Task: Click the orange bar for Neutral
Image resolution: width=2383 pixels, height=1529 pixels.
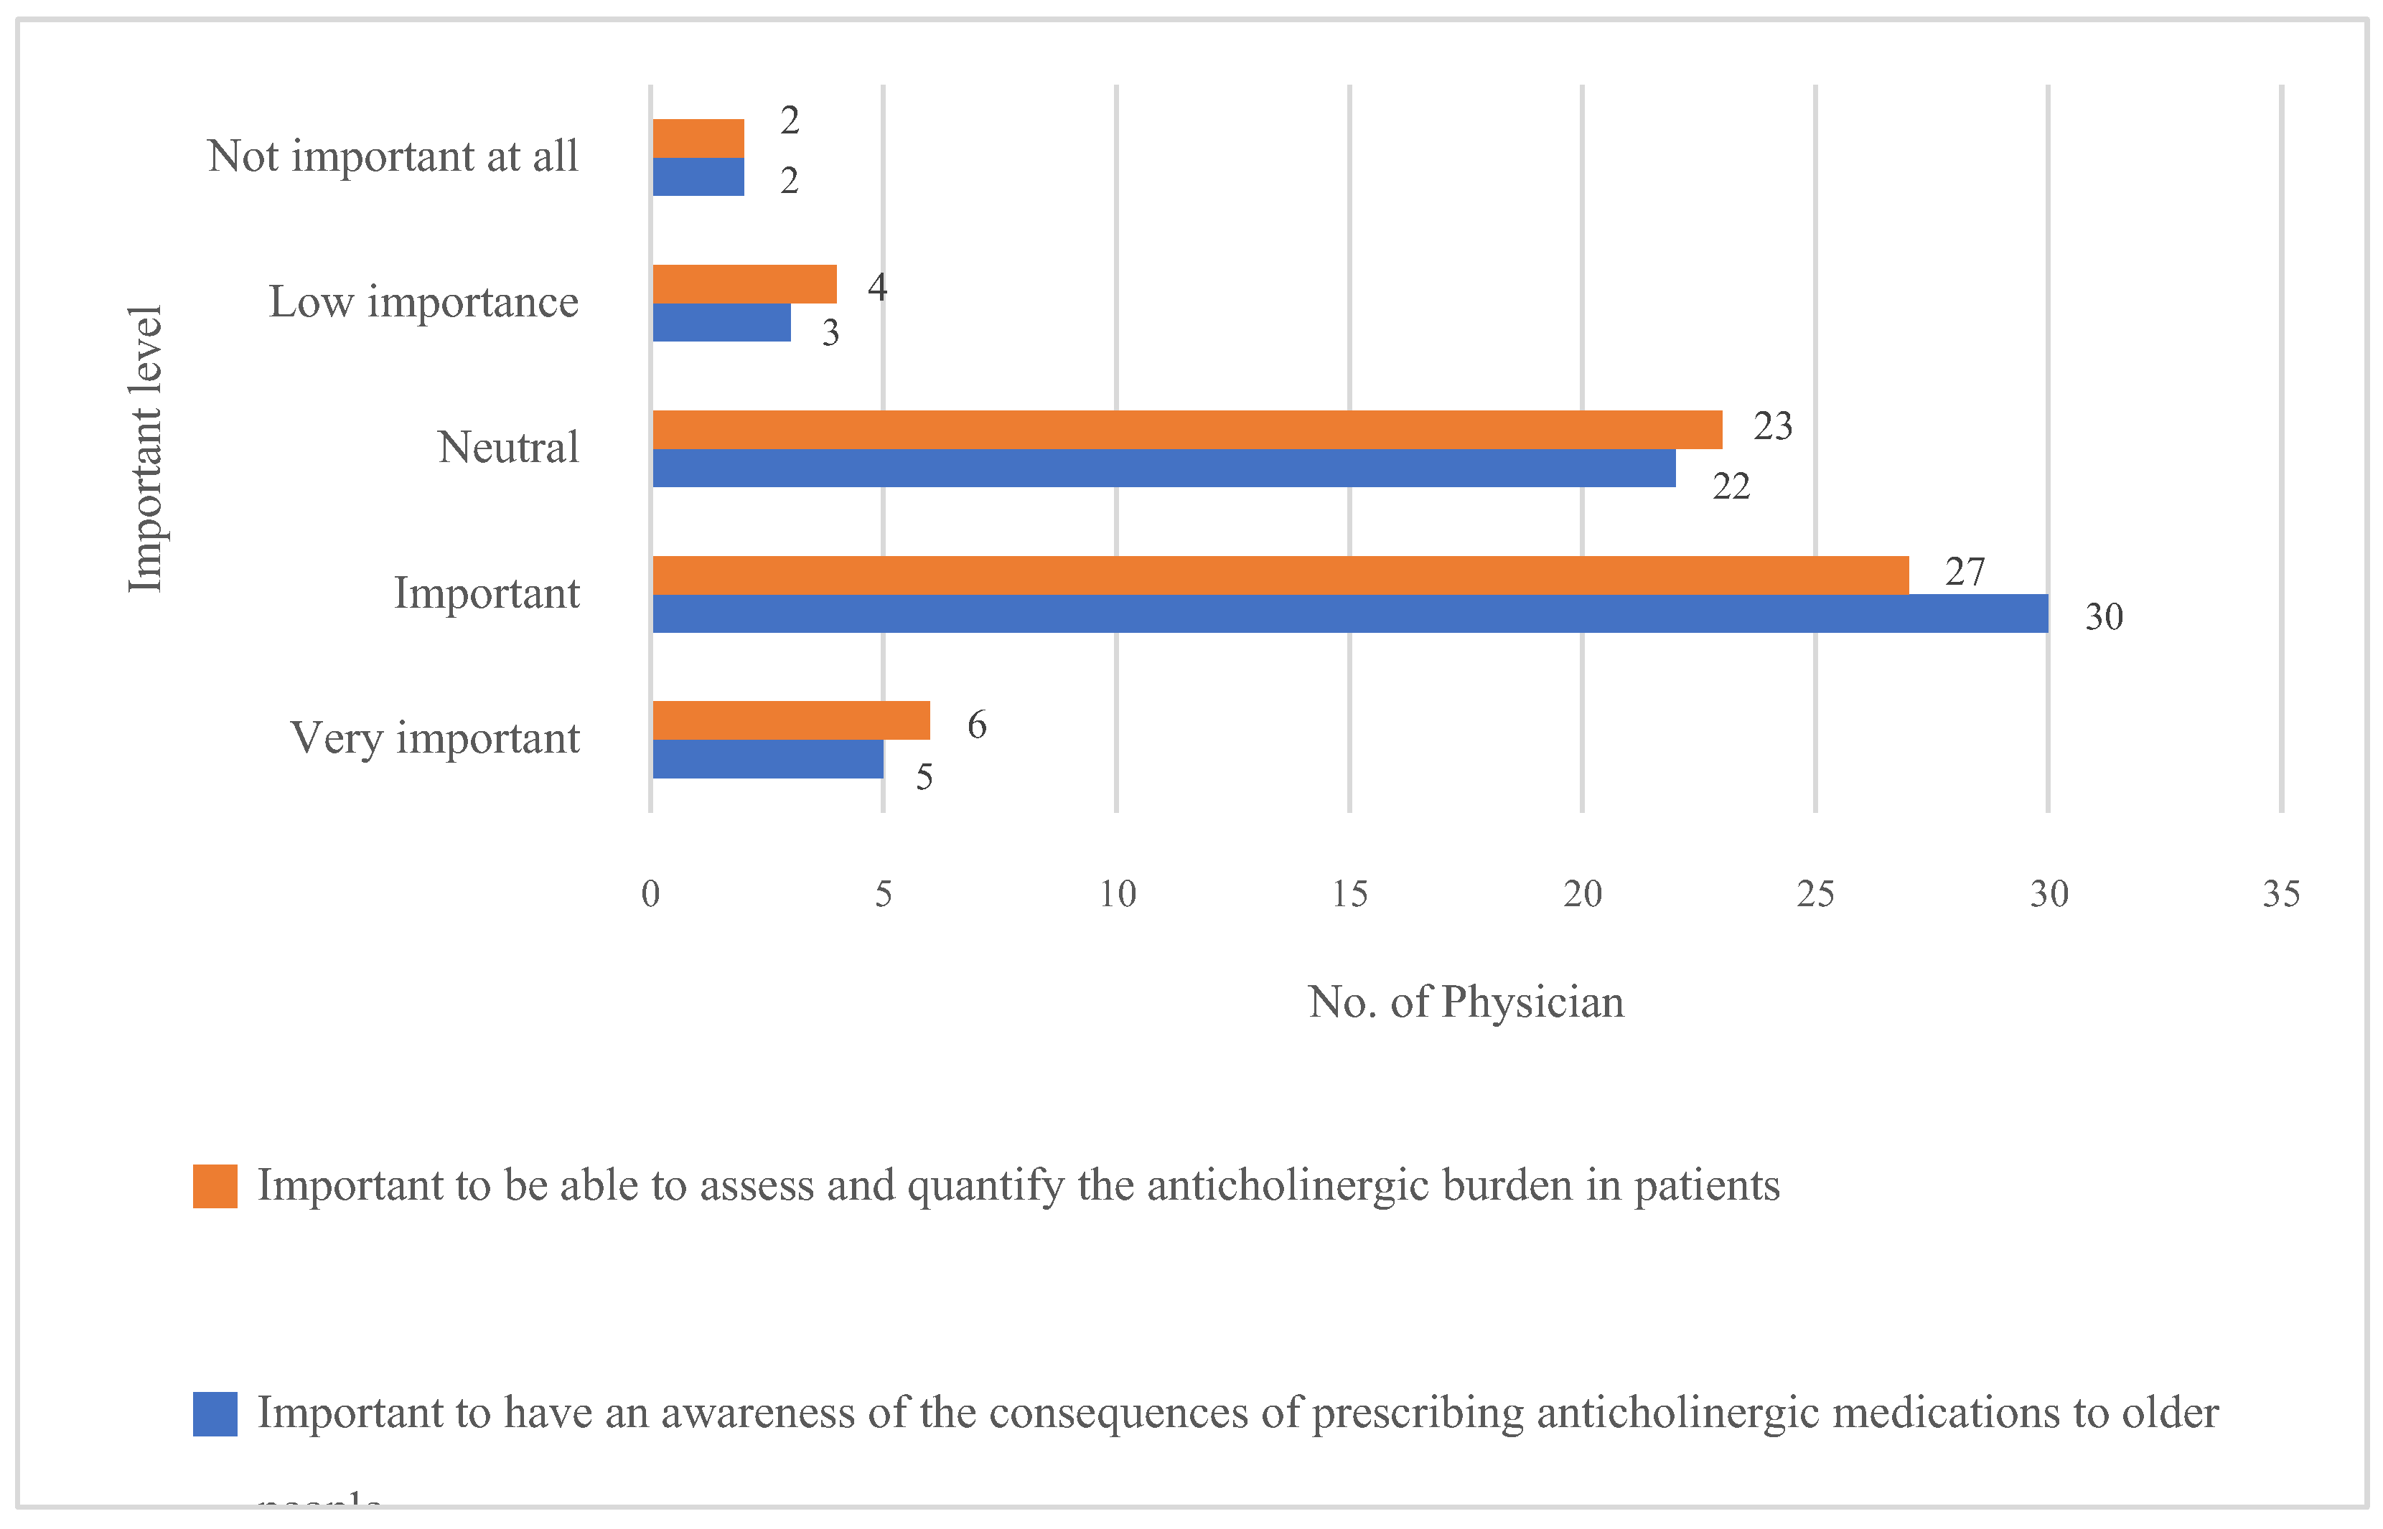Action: point(1186,429)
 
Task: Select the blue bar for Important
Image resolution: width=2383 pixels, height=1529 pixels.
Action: point(1350,613)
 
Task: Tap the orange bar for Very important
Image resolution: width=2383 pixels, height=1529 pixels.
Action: point(792,720)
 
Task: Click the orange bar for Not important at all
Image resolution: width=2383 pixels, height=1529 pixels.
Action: point(698,138)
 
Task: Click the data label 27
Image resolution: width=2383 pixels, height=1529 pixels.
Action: point(1964,572)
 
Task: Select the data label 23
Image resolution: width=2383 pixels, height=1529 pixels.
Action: point(1772,426)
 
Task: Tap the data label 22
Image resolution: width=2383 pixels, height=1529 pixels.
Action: point(1731,486)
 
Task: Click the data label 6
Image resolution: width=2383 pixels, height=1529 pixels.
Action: point(976,725)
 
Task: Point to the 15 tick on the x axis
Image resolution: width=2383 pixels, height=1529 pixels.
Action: point(1349,895)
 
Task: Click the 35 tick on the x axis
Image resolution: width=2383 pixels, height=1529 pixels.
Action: point(2281,895)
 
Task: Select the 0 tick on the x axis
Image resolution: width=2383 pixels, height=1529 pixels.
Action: point(650,895)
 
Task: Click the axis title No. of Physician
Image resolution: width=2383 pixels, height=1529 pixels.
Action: point(1466,1002)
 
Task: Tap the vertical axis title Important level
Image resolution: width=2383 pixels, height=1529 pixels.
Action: point(146,448)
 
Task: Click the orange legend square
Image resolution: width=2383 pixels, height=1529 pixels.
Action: point(215,1185)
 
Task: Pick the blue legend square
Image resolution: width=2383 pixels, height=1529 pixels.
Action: point(215,1413)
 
